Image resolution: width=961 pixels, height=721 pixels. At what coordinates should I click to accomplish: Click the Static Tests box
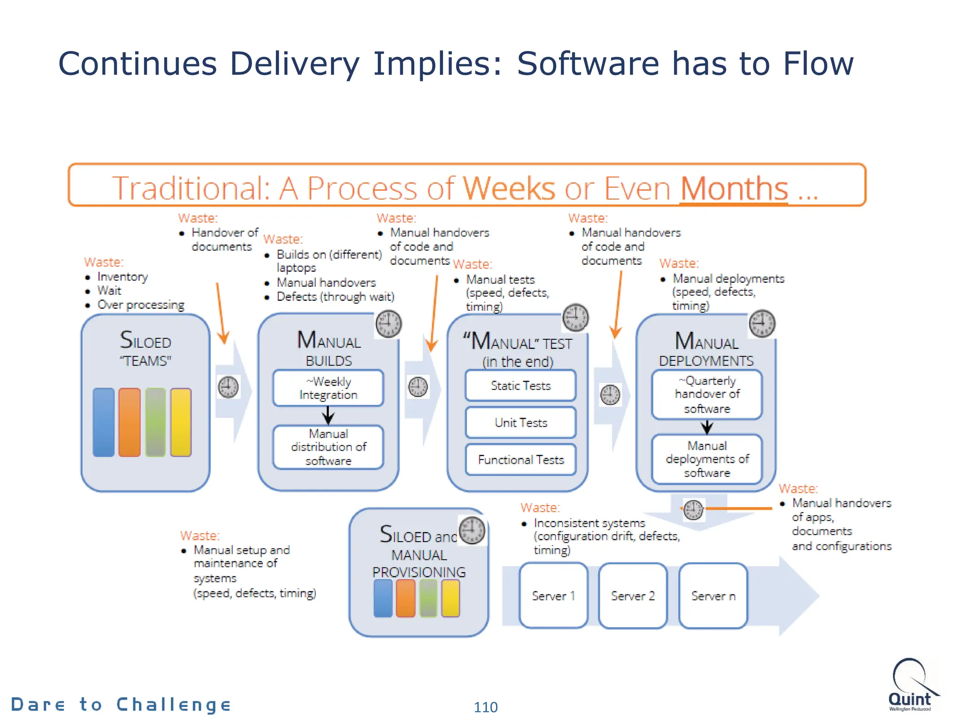click(x=520, y=385)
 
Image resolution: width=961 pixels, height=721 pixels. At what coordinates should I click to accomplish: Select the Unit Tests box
click(x=520, y=422)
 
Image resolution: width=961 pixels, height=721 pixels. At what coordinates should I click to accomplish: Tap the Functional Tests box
click(x=520, y=460)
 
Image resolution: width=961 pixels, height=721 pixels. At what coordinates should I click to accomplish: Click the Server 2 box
click(x=633, y=596)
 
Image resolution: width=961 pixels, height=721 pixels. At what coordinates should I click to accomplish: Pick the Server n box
click(x=713, y=596)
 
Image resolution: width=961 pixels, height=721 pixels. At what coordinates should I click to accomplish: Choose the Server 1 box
click(x=553, y=596)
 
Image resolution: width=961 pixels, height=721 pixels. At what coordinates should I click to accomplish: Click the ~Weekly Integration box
click(x=328, y=388)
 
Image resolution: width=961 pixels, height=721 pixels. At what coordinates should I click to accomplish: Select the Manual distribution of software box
click(x=328, y=447)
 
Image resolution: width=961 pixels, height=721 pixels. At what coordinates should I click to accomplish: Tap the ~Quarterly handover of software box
click(x=707, y=395)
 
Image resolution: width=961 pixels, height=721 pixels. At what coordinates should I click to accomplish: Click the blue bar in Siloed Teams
click(x=104, y=422)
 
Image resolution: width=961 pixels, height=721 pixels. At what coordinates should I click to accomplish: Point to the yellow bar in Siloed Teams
click(x=181, y=422)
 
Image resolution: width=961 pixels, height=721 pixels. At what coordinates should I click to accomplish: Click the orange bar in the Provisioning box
click(x=405, y=598)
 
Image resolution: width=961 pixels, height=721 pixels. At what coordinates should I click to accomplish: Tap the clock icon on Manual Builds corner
click(x=389, y=324)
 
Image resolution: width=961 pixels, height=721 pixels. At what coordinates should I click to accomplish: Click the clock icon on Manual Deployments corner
click(x=762, y=323)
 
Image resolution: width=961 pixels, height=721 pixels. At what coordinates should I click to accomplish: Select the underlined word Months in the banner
click(x=734, y=189)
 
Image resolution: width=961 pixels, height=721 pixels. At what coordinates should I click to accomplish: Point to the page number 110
click(x=486, y=707)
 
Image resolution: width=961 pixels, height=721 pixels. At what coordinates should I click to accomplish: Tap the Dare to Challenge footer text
click(x=121, y=705)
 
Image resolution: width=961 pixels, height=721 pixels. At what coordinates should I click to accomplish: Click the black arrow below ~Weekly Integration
click(x=328, y=415)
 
